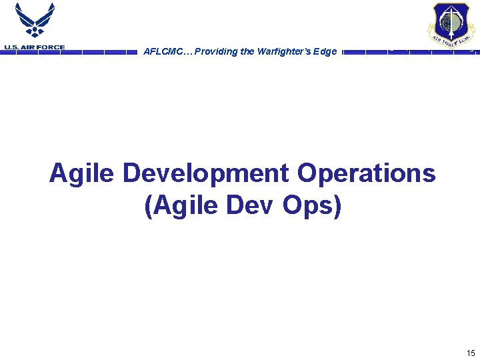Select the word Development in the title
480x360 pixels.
206,174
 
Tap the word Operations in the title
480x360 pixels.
367,174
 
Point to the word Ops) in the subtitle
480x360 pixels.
312,206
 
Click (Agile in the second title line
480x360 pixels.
181,206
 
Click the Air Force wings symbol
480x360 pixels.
35,20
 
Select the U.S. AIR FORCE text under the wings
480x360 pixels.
35,47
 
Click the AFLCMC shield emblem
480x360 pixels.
451,26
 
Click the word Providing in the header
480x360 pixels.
213,51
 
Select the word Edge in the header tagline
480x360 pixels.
326,51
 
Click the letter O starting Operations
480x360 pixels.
307,174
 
